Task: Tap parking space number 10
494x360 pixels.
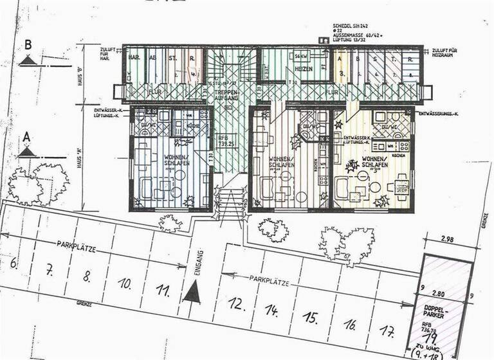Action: pyautogui.click(x=125, y=283)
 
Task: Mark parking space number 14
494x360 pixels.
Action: pyautogui.click(x=274, y=311)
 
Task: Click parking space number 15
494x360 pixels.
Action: pyautogui.click(x=311, y=318)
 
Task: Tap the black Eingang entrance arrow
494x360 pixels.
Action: pyautogui.click(x=192, y=294)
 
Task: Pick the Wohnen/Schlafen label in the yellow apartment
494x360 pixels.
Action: pyautogui.click(x=375, y=162)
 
